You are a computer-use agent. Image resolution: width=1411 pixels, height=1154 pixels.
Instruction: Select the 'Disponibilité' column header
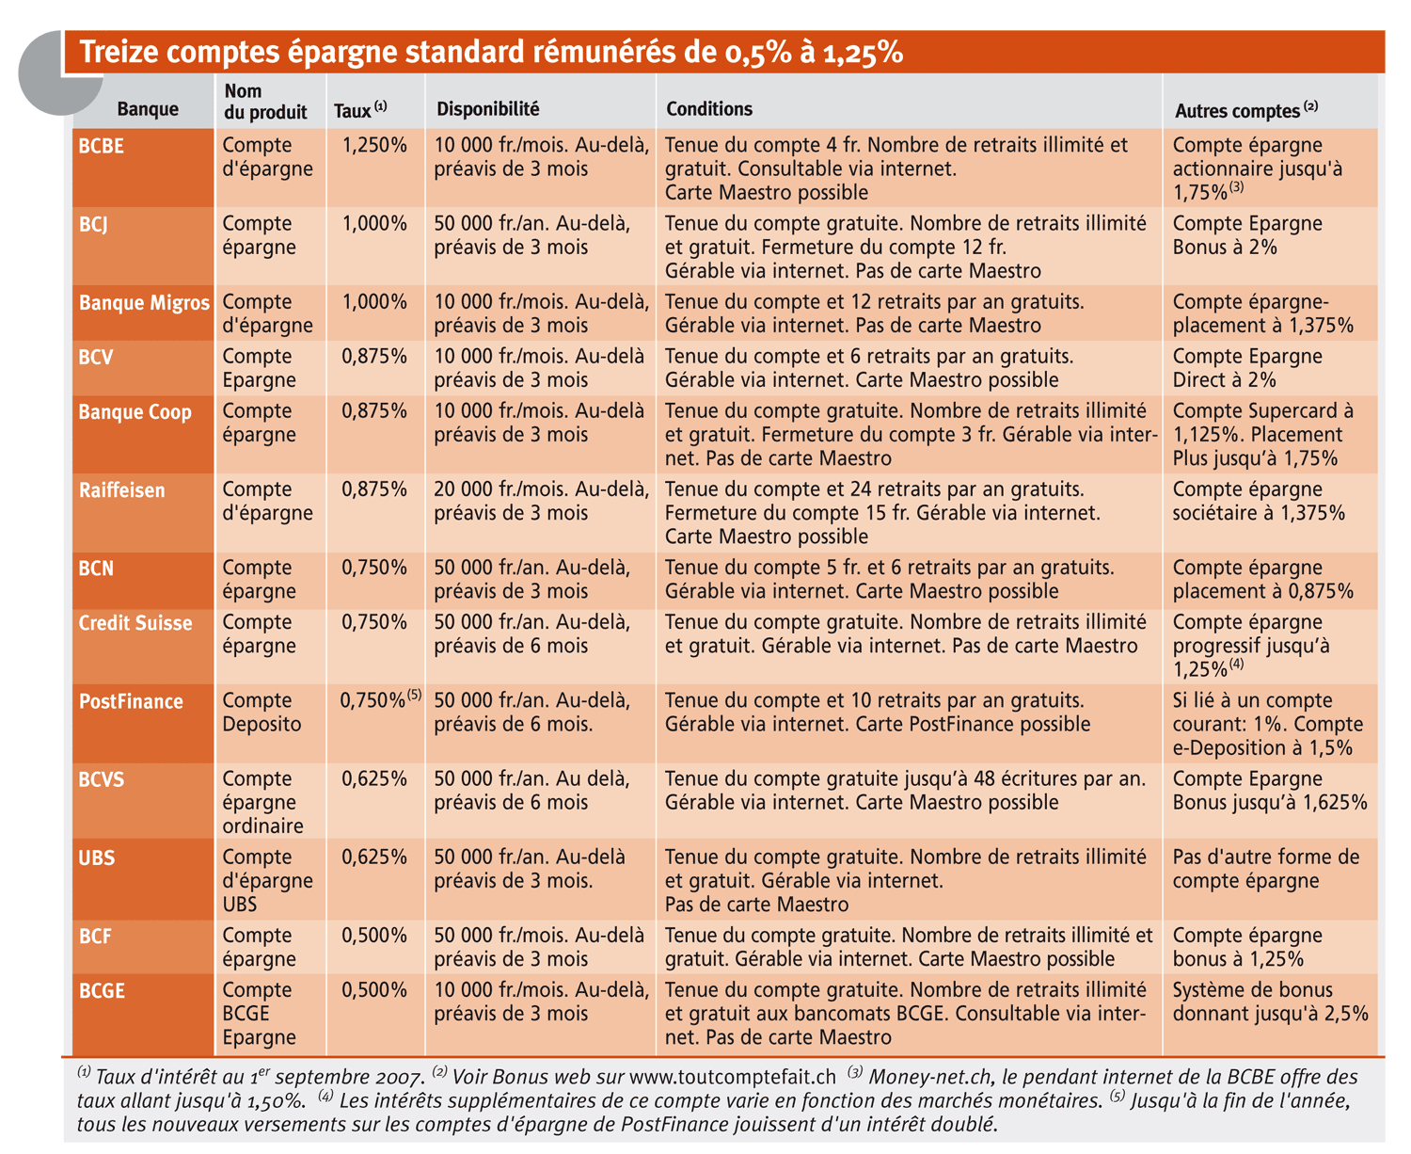click(487, 109)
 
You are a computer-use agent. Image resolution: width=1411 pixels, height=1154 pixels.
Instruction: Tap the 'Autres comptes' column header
click(1245, 110)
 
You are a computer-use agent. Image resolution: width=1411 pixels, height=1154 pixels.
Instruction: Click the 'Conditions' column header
click(708, 109)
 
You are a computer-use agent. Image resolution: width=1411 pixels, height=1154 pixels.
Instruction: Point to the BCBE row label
click(101, 146)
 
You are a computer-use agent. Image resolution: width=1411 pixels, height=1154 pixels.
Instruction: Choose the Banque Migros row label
click(145, 302)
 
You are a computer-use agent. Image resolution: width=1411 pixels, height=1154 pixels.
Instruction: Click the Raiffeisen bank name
click(121, 490)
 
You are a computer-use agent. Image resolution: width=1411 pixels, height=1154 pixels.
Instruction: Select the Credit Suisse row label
click(135, 622)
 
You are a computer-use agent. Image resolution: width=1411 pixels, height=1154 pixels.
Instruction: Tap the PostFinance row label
click(131, 701)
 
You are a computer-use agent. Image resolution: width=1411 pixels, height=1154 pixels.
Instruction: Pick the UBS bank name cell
click(96, 857)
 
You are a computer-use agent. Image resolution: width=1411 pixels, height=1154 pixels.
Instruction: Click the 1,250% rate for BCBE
click(374, 145)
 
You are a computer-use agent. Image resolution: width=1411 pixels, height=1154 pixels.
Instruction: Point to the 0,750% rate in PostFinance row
click(373, 700)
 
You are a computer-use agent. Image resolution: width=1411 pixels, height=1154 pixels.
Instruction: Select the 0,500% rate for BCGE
click(374, 989)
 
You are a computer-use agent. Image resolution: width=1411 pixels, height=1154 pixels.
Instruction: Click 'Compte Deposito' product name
click(262, 713)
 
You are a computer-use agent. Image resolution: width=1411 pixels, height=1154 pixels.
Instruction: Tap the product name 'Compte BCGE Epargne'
click(258, 1013)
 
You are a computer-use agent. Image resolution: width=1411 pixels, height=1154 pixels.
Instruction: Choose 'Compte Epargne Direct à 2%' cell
click(1247, 367)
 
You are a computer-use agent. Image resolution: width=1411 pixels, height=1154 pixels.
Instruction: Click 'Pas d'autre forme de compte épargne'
click(1266, 868)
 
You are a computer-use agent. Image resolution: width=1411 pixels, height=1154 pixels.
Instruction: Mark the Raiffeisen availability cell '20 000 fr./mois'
click(541, 501)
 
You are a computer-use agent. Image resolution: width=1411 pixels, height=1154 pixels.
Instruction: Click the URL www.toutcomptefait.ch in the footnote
click(733, 1077)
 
